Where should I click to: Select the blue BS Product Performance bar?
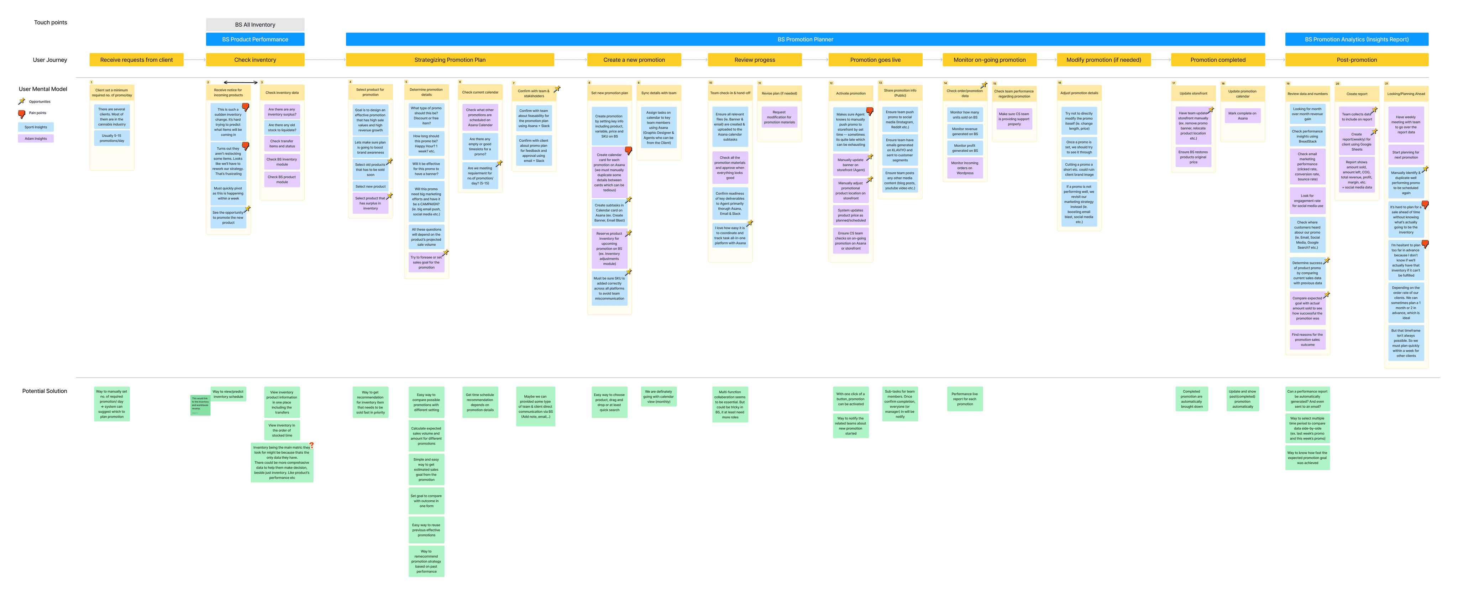(255, 40)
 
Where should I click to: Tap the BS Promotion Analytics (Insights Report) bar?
(1356, 40)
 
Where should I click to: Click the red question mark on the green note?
(311, 445)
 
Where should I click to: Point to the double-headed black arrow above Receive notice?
(241, 83)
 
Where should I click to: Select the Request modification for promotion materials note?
(780, 117)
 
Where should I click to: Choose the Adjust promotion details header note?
(1079, 93)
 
